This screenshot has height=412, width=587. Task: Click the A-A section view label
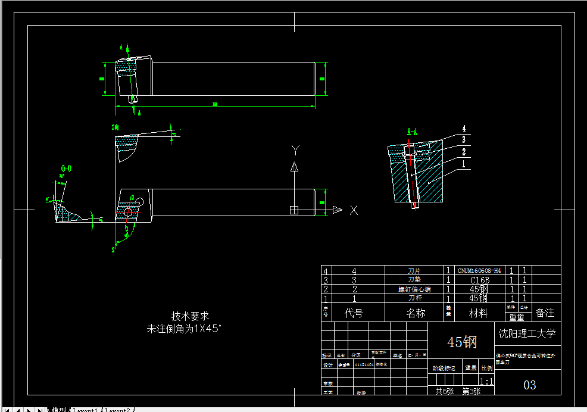(412, 132)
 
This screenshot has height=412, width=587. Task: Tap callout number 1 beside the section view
(463, 163)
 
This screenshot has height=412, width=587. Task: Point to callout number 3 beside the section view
(463, 139)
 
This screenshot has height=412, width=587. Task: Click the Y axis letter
(295, 149)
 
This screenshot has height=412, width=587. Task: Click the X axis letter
(354, 210)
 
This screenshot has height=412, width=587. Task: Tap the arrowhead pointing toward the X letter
(337, 210)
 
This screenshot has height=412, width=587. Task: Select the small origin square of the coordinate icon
(293, 210)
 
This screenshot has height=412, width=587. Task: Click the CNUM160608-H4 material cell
(479, 270)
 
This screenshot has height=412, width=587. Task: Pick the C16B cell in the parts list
(479, 280)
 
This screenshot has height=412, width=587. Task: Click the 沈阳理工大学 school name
(527, 333)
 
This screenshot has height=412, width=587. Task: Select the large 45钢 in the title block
(462, 342)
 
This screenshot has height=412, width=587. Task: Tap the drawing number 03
(529, 385)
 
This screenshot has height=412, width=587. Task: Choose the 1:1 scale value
(486, 382)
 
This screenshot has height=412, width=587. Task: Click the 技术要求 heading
(190, 316)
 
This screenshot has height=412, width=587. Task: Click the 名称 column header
(416, 313)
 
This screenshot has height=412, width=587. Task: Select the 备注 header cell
(545, 313)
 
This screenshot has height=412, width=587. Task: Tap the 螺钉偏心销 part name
(414, 289)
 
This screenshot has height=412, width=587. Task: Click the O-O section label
(67, 168)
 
